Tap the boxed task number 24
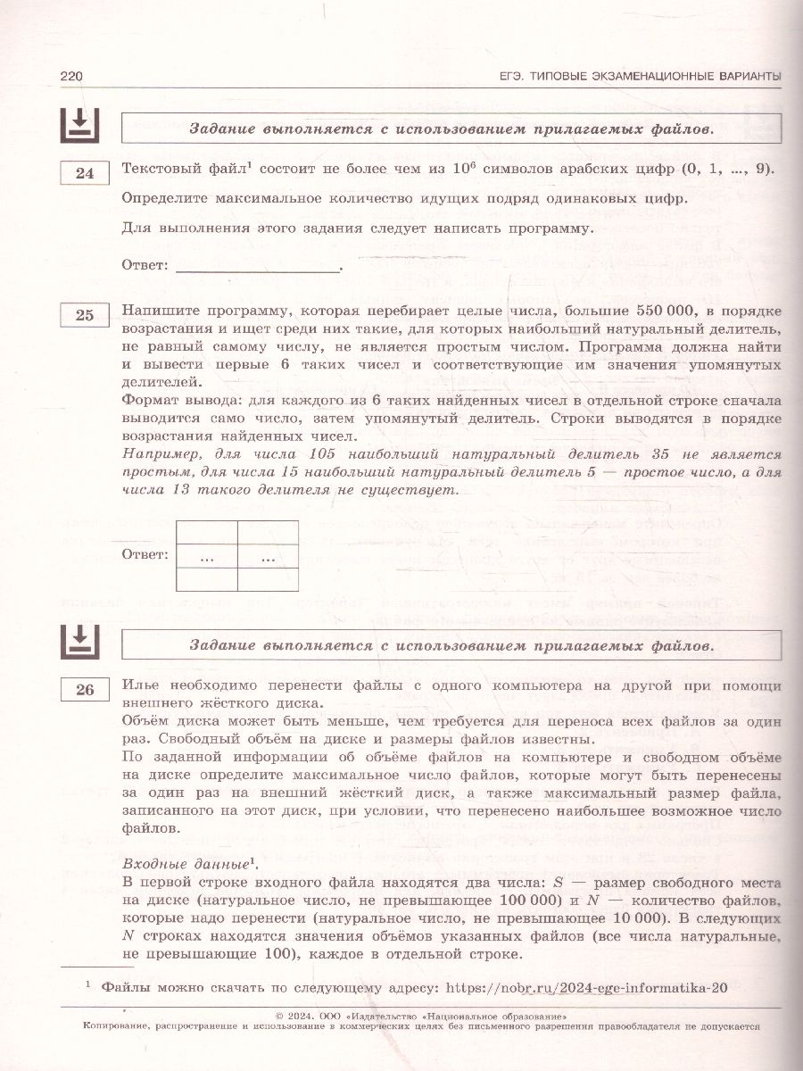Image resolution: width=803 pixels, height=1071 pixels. (x=85, y=173)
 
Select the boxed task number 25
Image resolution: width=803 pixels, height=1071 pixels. (x=85, y=315)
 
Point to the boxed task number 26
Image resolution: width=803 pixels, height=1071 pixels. (x=85, y=690)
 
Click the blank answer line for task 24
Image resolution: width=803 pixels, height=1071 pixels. (x=258, y=265)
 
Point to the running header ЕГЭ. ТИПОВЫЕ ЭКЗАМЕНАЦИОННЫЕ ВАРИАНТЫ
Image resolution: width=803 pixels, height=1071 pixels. (x=640, y=77)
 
